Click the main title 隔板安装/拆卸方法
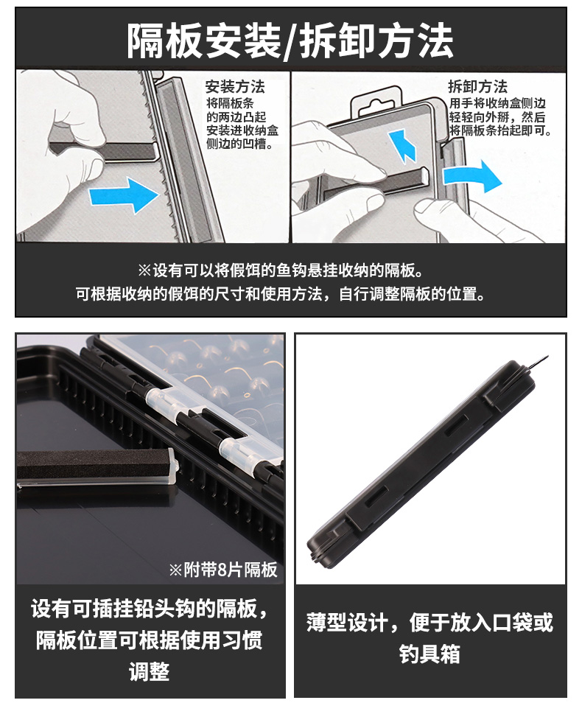290,41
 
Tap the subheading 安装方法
235,86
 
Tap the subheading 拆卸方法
477,86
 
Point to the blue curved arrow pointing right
471,176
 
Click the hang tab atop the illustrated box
376,102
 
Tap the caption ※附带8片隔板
223,570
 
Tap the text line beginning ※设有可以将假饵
280,270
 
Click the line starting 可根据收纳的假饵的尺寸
281,293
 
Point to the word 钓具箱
430,654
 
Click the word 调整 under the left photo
150,671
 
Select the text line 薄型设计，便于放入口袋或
430,623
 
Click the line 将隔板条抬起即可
501,130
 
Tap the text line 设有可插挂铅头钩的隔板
150,609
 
